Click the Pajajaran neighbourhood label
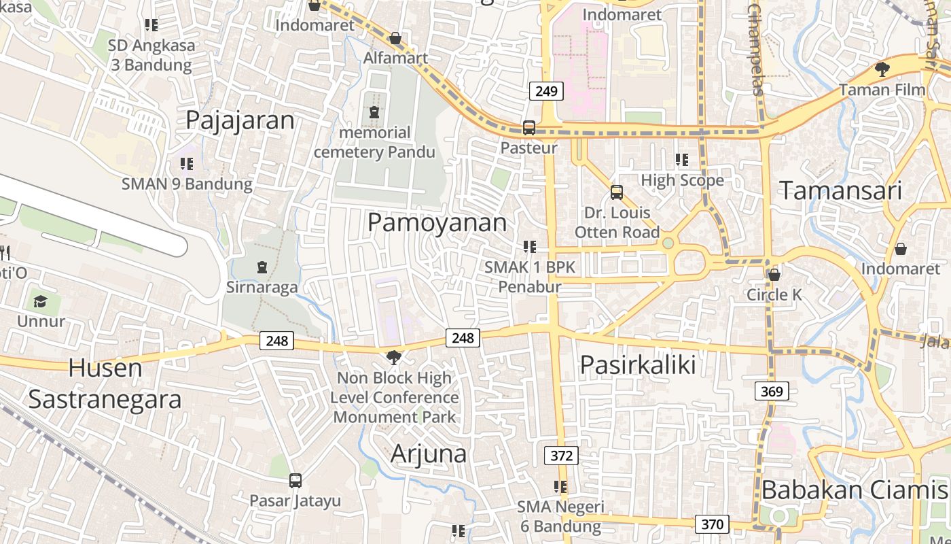click(x=240, y=120)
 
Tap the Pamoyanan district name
click(x=437, y=222)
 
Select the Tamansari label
click(x=840, y=190)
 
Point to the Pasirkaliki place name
click(x=638, y=364)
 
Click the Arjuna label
click(x=429, y=454)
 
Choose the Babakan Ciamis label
click(x=854, y=490)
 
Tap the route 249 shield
click(x=546, y=91)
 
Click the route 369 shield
click(x=772, y=391)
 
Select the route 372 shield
click(x=561, y=456)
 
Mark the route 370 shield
click(x=712, y=524)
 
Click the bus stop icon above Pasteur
click(x=528, y=127)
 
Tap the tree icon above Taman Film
click(x=882, y=69)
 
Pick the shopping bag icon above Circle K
click(x=774, y=275)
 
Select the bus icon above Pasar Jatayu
click(x=295, y=481)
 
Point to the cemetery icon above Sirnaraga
click(x=262, y=267)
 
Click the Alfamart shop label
click(x=395, y=58)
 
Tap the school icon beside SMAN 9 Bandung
click(x=187, y=164)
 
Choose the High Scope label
click(x=682, y=180)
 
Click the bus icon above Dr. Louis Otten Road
click(x=616, y=192)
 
